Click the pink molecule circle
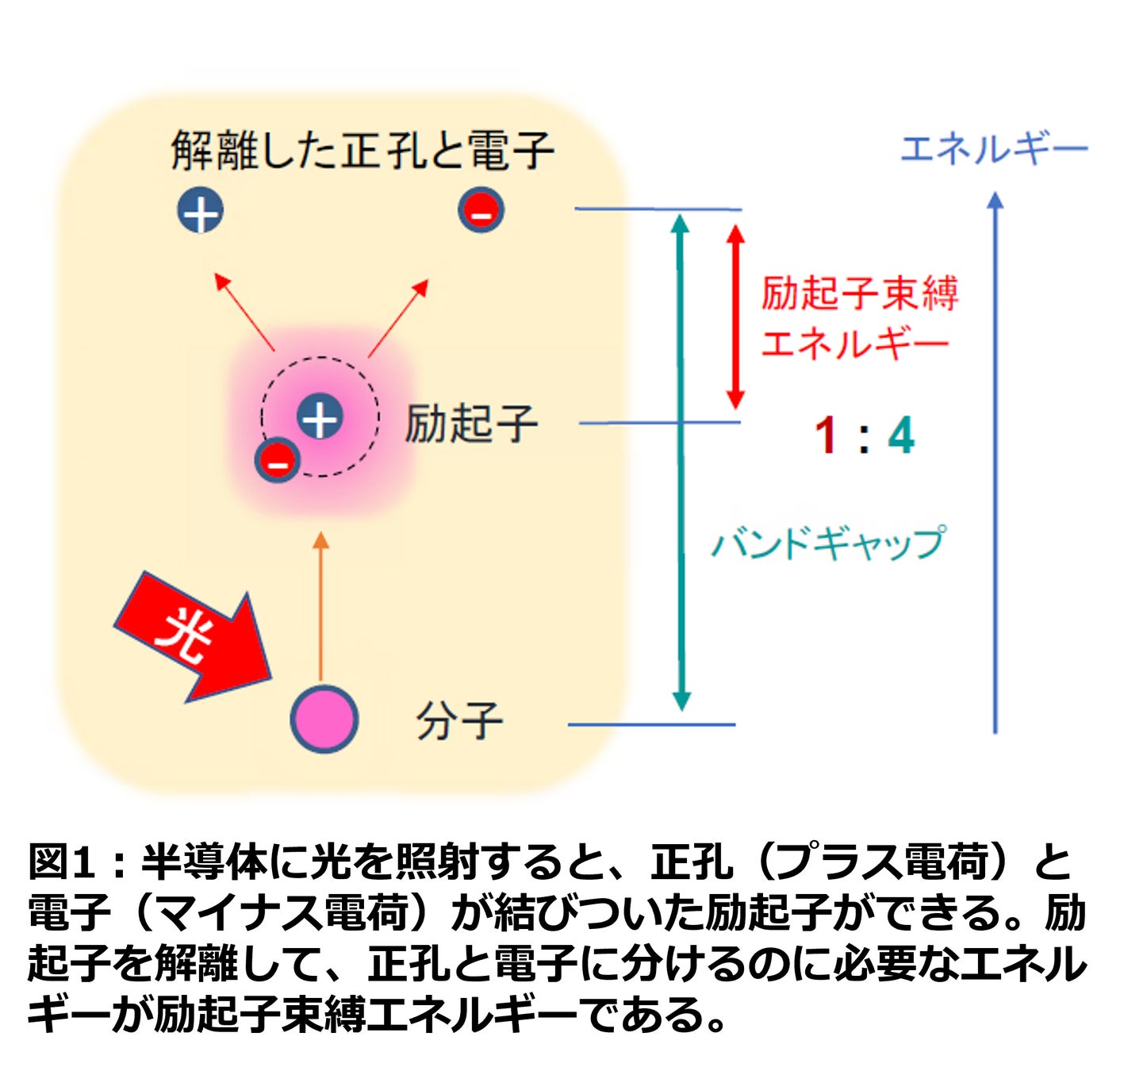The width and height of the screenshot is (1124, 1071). pos(324,719)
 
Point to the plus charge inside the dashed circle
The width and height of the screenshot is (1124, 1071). pos(320,417)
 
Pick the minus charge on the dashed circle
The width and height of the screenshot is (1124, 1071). pos(277,459)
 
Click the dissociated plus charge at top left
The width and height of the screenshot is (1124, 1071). pos(200,211)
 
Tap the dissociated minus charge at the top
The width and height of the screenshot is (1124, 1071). pos(481,211)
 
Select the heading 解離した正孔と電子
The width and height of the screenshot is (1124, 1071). pos(362,151)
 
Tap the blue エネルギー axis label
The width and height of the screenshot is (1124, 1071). pos(993,149)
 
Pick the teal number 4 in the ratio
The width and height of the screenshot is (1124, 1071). pos(900,436)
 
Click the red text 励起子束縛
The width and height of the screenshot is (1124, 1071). pos(859,294)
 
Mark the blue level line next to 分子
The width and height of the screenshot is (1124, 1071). pos(651,724)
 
